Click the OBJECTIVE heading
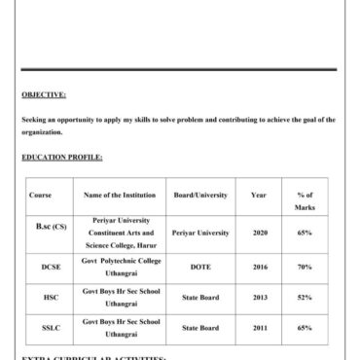tap(44, 94)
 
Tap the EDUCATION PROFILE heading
tap(61, 156)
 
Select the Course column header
tap(40, 196)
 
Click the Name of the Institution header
tap(116, 196)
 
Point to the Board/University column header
tap(199, 196)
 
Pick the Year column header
tap(259, 196)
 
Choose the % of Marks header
tap(305, 201)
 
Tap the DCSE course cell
tap(51, 267)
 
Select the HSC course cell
tap(51, 298)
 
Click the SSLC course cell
tap(51, 329)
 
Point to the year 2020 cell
tap(260, 234)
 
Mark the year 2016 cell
tap(260, 267)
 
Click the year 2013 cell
tap(260, 298)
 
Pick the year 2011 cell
tap(260, 329)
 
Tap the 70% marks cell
tap(305, 267)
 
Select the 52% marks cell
tap(305, 298)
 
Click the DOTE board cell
tap(200, 267)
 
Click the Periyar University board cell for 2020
tap(200, 234)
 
